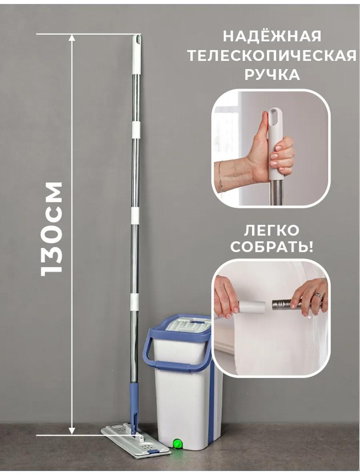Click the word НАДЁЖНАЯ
[272, 37]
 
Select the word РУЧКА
[272, 75]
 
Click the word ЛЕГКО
[272, 231]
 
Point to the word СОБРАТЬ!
[272, 247]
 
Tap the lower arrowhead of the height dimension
[72, 431]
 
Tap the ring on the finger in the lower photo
[320, 294]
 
